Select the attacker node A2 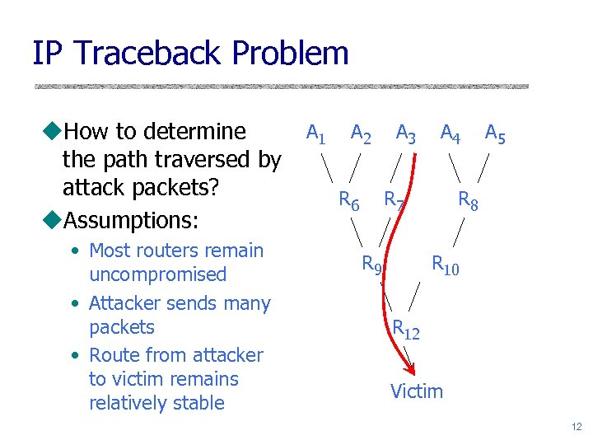[x=360, y=133]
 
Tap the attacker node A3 [x=405, y=133]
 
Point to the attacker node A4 [x=450, y=133]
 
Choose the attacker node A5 [x=495, y=133]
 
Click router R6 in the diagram [x=349, y=199]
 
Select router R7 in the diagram [x=394, y=199]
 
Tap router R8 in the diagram [x=468, y=199]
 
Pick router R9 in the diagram [x=372, y=265]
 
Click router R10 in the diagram [x=446, y=265]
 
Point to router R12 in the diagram [x=405, y=329]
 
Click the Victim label [x=416, y=391]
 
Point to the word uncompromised [x=156, y=274]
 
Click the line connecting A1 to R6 [x=328, y=166]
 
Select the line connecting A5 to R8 [x=485, y=166]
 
